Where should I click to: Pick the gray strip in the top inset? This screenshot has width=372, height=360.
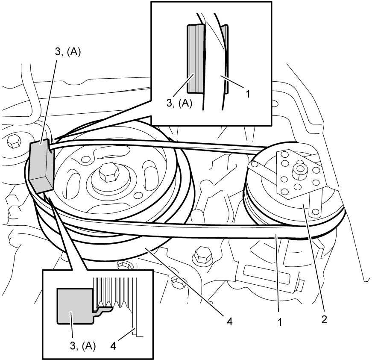pos(195,59)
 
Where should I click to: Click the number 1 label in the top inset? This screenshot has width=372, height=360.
pos(248,94)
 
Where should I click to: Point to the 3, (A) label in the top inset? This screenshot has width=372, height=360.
pos(179,103)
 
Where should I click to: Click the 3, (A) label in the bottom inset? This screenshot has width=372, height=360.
pos(83,346)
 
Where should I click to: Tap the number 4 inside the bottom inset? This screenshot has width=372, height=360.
pos(114,346)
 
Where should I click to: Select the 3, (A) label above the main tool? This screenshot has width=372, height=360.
pos(68,52)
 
